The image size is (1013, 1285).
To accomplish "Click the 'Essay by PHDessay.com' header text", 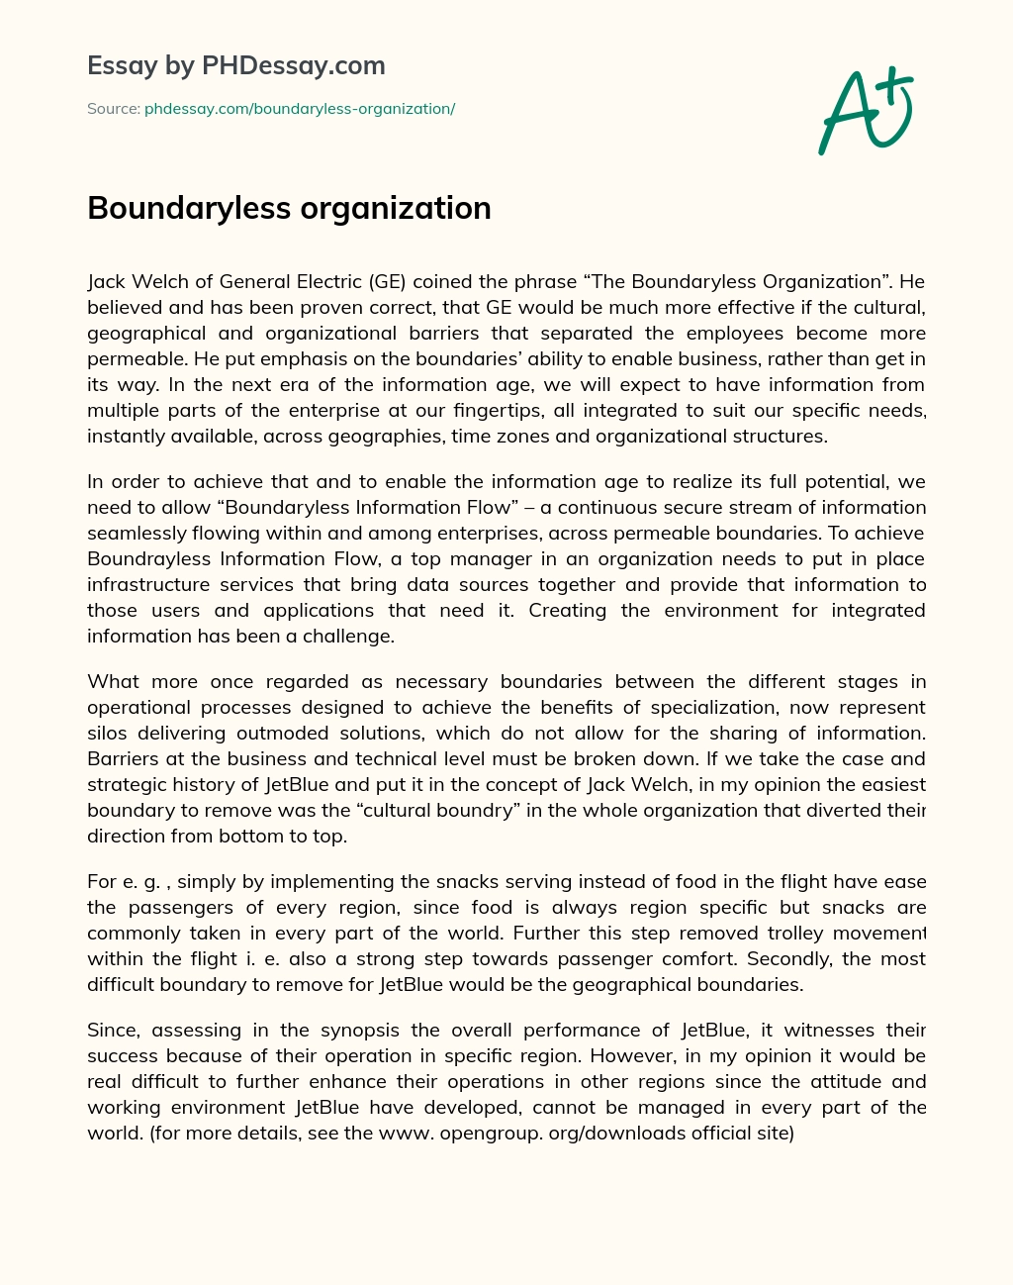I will pos(236,66).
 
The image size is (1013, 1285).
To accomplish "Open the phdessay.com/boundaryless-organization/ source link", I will pos(300,109).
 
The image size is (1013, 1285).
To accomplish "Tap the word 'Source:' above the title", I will pos(113,109).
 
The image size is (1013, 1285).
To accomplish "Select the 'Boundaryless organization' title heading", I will pos(289,208).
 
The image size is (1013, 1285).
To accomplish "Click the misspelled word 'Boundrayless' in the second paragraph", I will pos(144,558).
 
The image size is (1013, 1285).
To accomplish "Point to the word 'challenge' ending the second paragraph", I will pos(348,636).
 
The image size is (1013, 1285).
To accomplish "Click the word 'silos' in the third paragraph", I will pos(107,733).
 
